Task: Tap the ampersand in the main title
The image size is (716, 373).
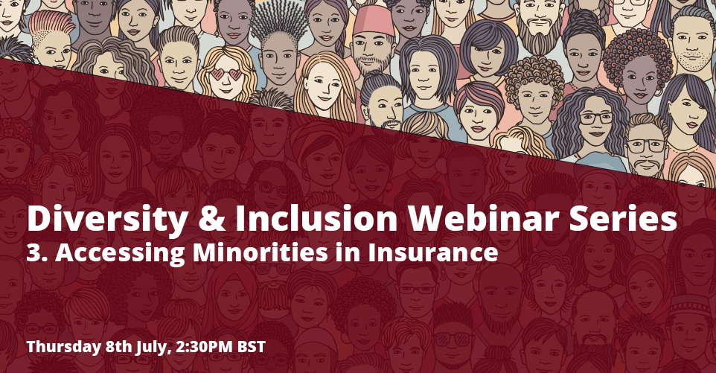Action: pos(211,220)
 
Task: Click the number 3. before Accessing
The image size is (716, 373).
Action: pos(38,252)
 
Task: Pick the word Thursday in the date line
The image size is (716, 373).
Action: pos(63,346)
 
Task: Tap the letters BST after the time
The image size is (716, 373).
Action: pos(251,346)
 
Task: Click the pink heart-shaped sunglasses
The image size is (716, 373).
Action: pos(226,74)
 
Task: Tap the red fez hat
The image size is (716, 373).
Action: pos(373,21)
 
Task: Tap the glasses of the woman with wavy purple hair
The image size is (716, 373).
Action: pos(596,118)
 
